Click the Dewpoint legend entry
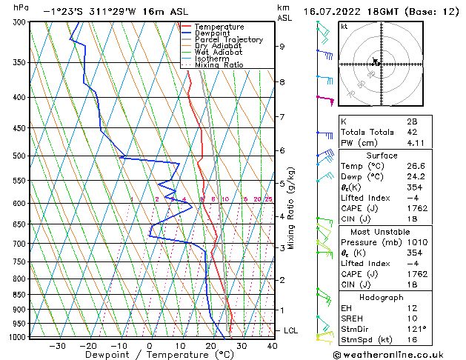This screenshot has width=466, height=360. (216, 33)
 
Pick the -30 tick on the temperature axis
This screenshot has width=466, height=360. (57, 345)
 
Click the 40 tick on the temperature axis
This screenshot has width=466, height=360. (272, 345)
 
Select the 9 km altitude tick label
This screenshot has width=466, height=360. (282, 46)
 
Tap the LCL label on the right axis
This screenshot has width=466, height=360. (291, 330)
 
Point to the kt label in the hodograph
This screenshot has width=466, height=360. (344, 26)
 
